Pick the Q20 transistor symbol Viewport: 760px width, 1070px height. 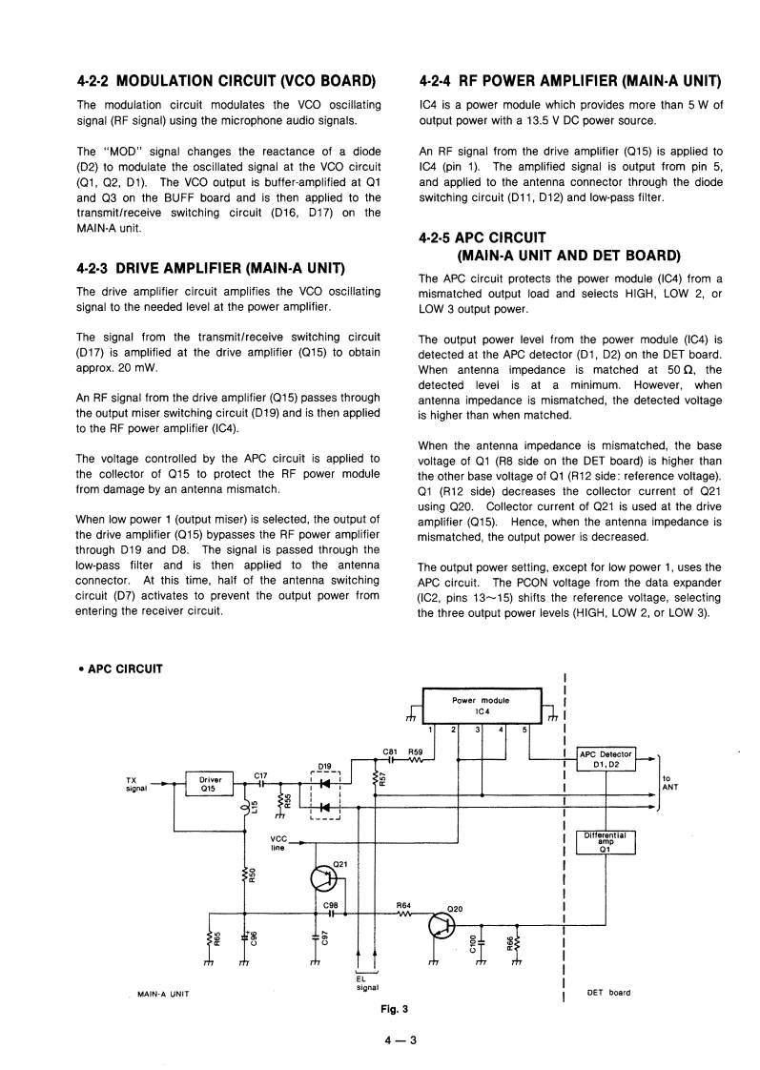(x=442, y=925)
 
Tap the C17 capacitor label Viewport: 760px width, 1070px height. (x=260, y=775)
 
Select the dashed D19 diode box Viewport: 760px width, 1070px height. (x=327, y=795)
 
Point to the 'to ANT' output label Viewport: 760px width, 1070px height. (x=671, y=782)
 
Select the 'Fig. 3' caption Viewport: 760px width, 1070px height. (x=393, y=1008)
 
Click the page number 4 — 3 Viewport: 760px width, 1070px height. (x=400, y=1040)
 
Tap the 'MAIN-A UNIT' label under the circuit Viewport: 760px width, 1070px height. (x=161, y=994)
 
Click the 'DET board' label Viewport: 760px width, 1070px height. (x=608, y=992)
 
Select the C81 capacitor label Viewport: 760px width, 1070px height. (x=389, y=751)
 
